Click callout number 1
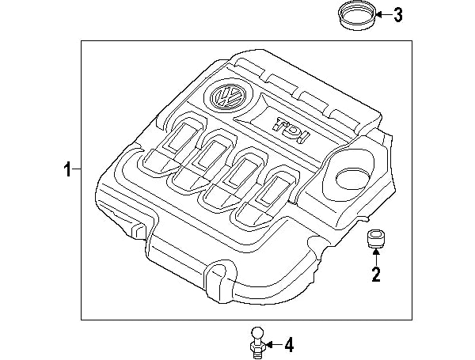68,169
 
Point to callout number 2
375,275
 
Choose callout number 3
398,14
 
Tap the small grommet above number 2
374,239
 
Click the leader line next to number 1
78,169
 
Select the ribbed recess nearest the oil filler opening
267,192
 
